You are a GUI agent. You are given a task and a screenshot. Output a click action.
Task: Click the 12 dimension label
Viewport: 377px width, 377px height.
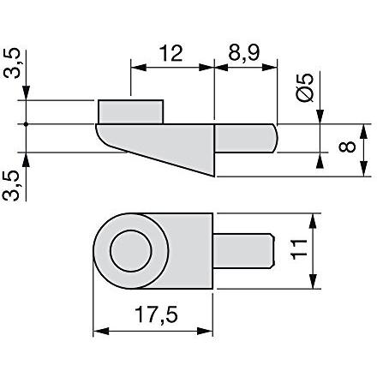(171, 53)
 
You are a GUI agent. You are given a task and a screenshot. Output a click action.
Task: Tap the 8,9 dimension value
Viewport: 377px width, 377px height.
(244, 54)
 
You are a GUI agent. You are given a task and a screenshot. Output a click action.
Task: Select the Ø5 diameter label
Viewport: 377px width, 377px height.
(305, 87)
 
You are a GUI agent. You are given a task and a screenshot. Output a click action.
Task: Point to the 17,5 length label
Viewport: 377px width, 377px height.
(156, 314)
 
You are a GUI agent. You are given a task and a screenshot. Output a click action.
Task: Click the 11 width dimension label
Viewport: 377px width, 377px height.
(299, 249)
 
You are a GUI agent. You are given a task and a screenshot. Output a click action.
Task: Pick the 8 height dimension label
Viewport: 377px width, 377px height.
(347, 147)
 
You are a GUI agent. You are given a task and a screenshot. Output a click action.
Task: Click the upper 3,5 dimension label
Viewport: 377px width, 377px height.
(12, 63)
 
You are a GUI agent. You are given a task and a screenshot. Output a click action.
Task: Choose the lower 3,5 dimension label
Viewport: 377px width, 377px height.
(12, 186)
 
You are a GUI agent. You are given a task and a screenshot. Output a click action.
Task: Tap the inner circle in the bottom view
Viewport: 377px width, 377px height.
(131, 251)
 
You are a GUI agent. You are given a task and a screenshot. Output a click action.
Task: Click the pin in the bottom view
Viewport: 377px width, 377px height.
(243, 251)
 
